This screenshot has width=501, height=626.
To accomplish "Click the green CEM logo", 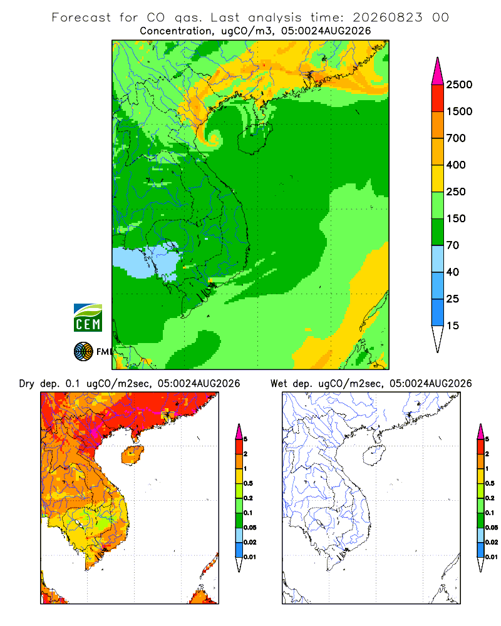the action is point(88,317).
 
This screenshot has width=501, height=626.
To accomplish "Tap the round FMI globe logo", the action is point(83,351).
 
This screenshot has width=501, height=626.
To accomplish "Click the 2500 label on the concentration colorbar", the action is point(459,85).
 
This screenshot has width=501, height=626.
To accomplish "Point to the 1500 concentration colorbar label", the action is point(459,111).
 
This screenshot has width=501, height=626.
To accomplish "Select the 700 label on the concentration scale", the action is point(456,138).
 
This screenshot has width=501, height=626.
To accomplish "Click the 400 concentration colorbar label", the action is point(456,165).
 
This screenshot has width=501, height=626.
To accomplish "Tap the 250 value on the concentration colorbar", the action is point(456,192).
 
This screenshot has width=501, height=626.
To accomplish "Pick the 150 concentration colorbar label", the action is point(456,218).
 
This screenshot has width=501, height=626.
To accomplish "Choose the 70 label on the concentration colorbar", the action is point(453,245).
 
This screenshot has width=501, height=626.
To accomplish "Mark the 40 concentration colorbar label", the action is point(453,272).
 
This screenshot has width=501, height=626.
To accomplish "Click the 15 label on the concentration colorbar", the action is point(453,326).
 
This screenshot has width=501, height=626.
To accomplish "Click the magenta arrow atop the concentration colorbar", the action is point(438,71).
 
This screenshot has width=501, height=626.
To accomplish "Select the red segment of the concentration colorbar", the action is point(438,98).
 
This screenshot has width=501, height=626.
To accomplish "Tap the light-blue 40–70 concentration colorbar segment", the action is point(438,259).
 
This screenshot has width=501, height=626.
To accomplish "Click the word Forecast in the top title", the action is point(81,18).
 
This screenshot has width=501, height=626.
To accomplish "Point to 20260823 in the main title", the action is point(387,18).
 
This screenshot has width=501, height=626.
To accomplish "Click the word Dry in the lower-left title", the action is point(27,384).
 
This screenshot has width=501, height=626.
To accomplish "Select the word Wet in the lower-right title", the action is point(279,384).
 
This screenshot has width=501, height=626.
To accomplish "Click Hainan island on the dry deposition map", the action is point(133,455).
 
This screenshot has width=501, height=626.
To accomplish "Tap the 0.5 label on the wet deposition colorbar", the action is point(490,483).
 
